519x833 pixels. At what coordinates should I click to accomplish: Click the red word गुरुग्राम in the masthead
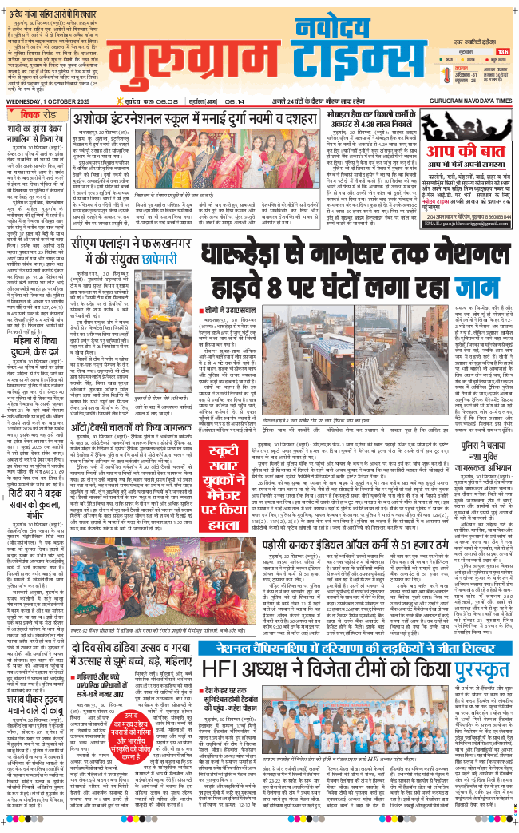pyautogui.click(x=204, y=63)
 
